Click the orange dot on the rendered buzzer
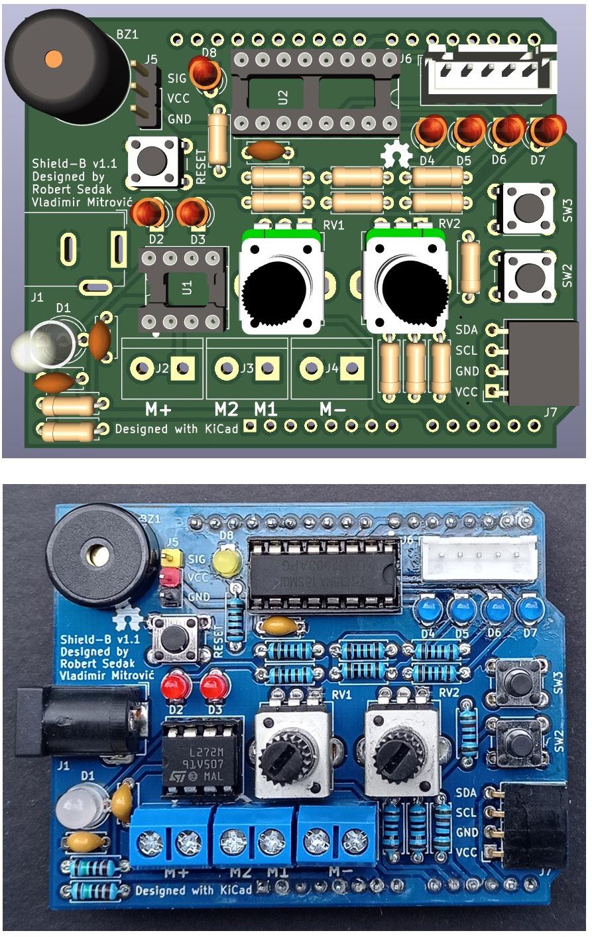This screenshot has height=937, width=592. point(52,59)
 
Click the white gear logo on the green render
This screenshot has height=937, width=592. point(396,155)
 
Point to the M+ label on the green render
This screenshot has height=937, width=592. point(158,409)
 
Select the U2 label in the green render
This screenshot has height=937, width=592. point(284,97)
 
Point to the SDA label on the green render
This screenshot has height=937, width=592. point(467,328)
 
